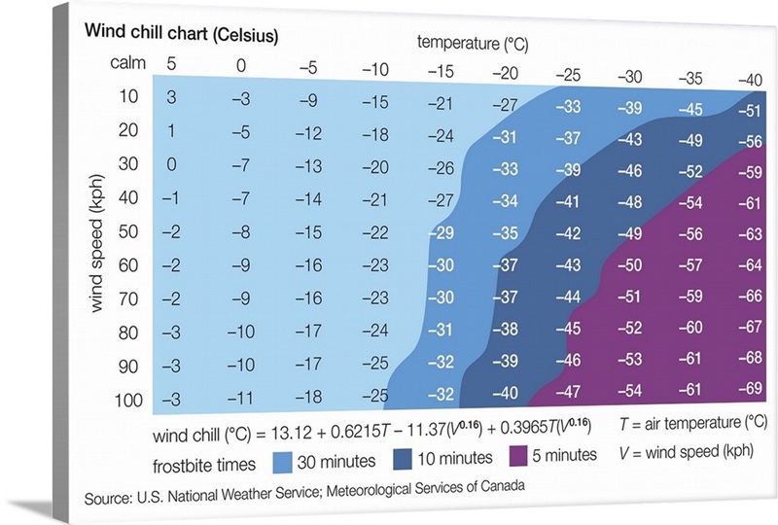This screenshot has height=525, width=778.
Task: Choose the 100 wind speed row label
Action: click(x=128, y=400)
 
